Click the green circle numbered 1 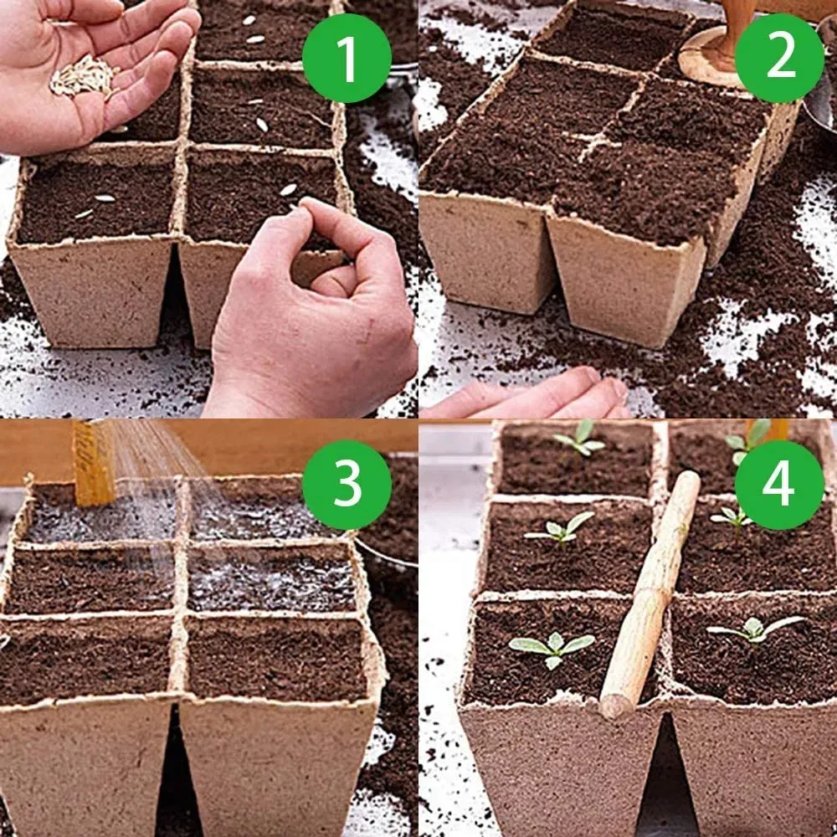point(347,58)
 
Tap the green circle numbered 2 point(779,58)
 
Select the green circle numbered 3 point(347,484)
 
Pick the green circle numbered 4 point(779,484)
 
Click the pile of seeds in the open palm point(83,76)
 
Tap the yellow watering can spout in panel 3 point(94,462)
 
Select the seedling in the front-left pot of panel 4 point(552,647)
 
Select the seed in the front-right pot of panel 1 point(288,189)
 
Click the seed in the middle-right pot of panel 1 point(262,125)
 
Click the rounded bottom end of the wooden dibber point(614,706)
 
